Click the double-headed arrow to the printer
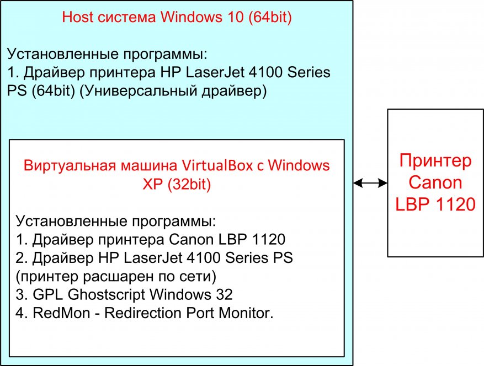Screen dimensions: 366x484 [370, 184]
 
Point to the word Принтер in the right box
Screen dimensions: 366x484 [435, 162]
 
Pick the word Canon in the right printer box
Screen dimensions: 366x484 [435, 182]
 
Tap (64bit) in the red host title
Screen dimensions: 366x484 [269, 18]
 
